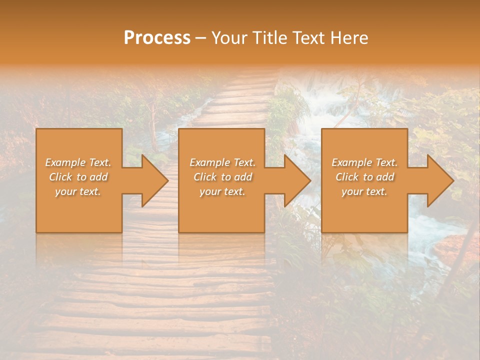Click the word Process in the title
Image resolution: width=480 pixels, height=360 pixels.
pos(157,38)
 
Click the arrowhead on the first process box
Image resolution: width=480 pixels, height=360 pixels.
pos(153,180)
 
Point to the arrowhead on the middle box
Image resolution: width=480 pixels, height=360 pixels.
pos(296,180)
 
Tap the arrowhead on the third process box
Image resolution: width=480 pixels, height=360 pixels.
pos(439,180)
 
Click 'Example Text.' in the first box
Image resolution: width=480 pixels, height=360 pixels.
pos(78,162)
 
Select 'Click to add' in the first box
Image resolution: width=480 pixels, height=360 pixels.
pos(78,177)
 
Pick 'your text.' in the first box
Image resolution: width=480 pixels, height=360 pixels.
pos(78,191)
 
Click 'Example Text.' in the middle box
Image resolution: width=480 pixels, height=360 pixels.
pos(222,162)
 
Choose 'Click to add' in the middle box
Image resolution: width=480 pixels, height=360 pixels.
pos(222,177)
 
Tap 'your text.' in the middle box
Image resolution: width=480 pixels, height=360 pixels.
pos(222,191)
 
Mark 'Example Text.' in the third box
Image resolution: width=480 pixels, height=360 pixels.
pos(364,162)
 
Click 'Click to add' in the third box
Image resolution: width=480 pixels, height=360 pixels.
pos(364,177)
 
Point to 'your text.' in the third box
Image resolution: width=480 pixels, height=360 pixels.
pos(364,191)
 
